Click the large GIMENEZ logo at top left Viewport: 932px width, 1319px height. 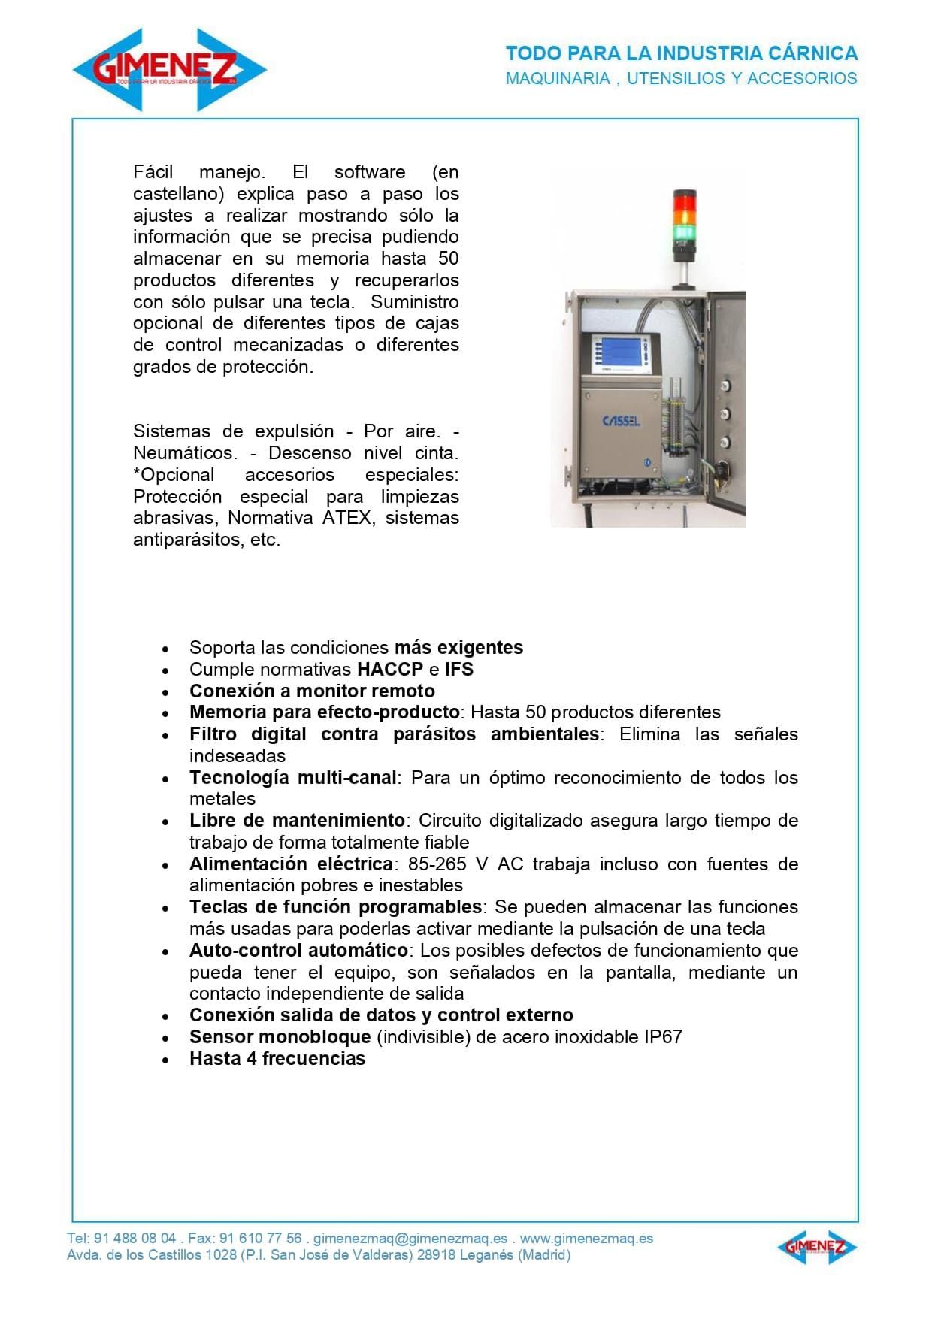click(x=170, y=70)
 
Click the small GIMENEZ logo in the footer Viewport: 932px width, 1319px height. click(x=816, y=1247)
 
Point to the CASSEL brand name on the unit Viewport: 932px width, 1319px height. click(x=621, y=421)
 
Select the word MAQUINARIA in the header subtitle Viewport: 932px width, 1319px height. click(x=557, y=78)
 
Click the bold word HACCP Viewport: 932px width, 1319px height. click(x=390, y=669)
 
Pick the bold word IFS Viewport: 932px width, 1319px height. click(x=458, y=669)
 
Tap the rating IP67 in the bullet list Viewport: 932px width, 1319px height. click(x=663, y=1036)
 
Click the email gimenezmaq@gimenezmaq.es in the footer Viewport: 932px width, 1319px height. click(x=410, y=1238)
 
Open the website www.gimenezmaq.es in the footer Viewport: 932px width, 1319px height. click(x=586, y=1238)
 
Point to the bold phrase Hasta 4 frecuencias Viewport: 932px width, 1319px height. click(x=277, y=1058)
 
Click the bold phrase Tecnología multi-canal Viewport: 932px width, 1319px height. click(x=292, y=777)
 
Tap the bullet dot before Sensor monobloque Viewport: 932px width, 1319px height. click(x=166, y=1038)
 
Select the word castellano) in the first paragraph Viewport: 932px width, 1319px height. click(x=179, y=194)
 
